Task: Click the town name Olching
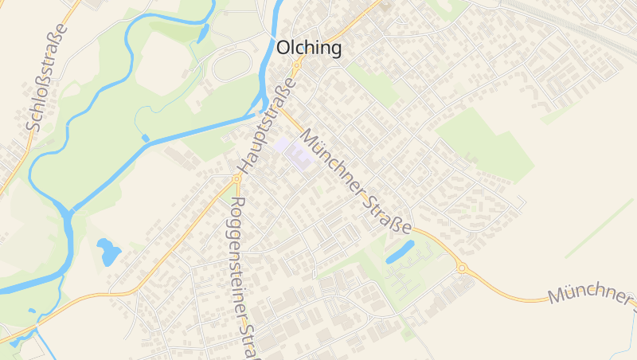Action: (309, 49)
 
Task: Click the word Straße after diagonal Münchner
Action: (389, 204)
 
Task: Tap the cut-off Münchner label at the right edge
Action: (589, 295)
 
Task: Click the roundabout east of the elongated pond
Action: (461, 268)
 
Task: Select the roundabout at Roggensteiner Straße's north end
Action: (236, 179)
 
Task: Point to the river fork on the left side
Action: (68, 213)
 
